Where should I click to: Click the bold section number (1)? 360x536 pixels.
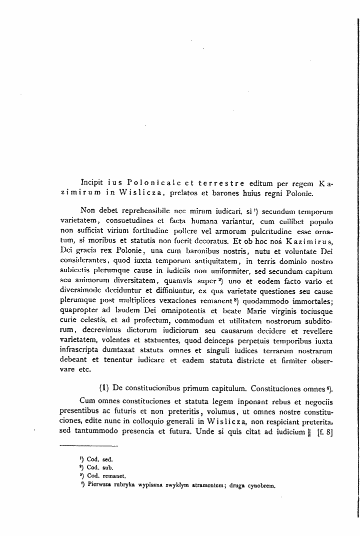coord(104,388)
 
